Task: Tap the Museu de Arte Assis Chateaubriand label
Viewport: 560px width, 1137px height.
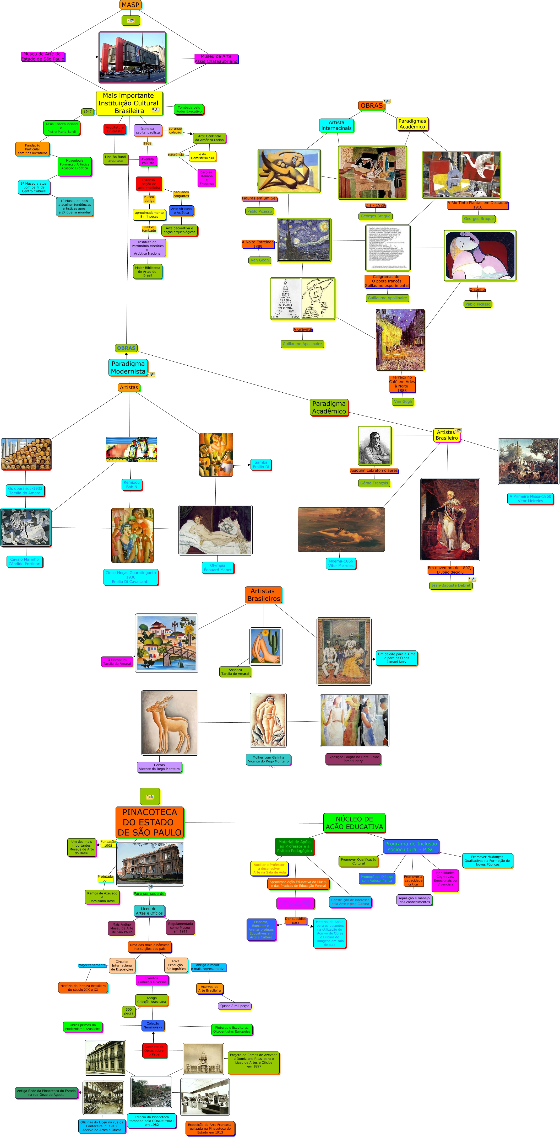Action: click(x=216, y=59)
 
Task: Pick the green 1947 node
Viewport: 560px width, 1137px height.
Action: click(x=87, y=112)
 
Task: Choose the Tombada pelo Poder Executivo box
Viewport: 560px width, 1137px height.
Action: click(x=188, y=109)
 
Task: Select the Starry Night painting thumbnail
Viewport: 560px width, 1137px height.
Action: click(x=304, y=240)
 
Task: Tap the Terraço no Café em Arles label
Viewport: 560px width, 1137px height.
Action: click(x=402, y=383)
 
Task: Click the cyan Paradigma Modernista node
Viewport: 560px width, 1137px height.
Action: click(x=128, y=367)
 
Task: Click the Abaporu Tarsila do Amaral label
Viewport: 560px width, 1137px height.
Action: click(x=235, y=671)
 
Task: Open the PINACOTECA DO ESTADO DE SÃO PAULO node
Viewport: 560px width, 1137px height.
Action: click(x=149, y=822)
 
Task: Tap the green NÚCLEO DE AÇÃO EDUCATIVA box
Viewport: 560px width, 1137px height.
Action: click(x=354, y=823)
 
